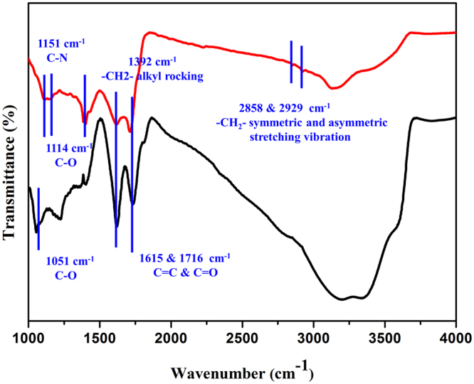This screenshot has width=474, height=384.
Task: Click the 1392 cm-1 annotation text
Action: click(152, 62)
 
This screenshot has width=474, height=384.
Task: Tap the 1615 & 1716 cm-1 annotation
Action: click(183, 257)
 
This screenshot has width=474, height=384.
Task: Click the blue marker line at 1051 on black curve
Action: click(38, 219)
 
